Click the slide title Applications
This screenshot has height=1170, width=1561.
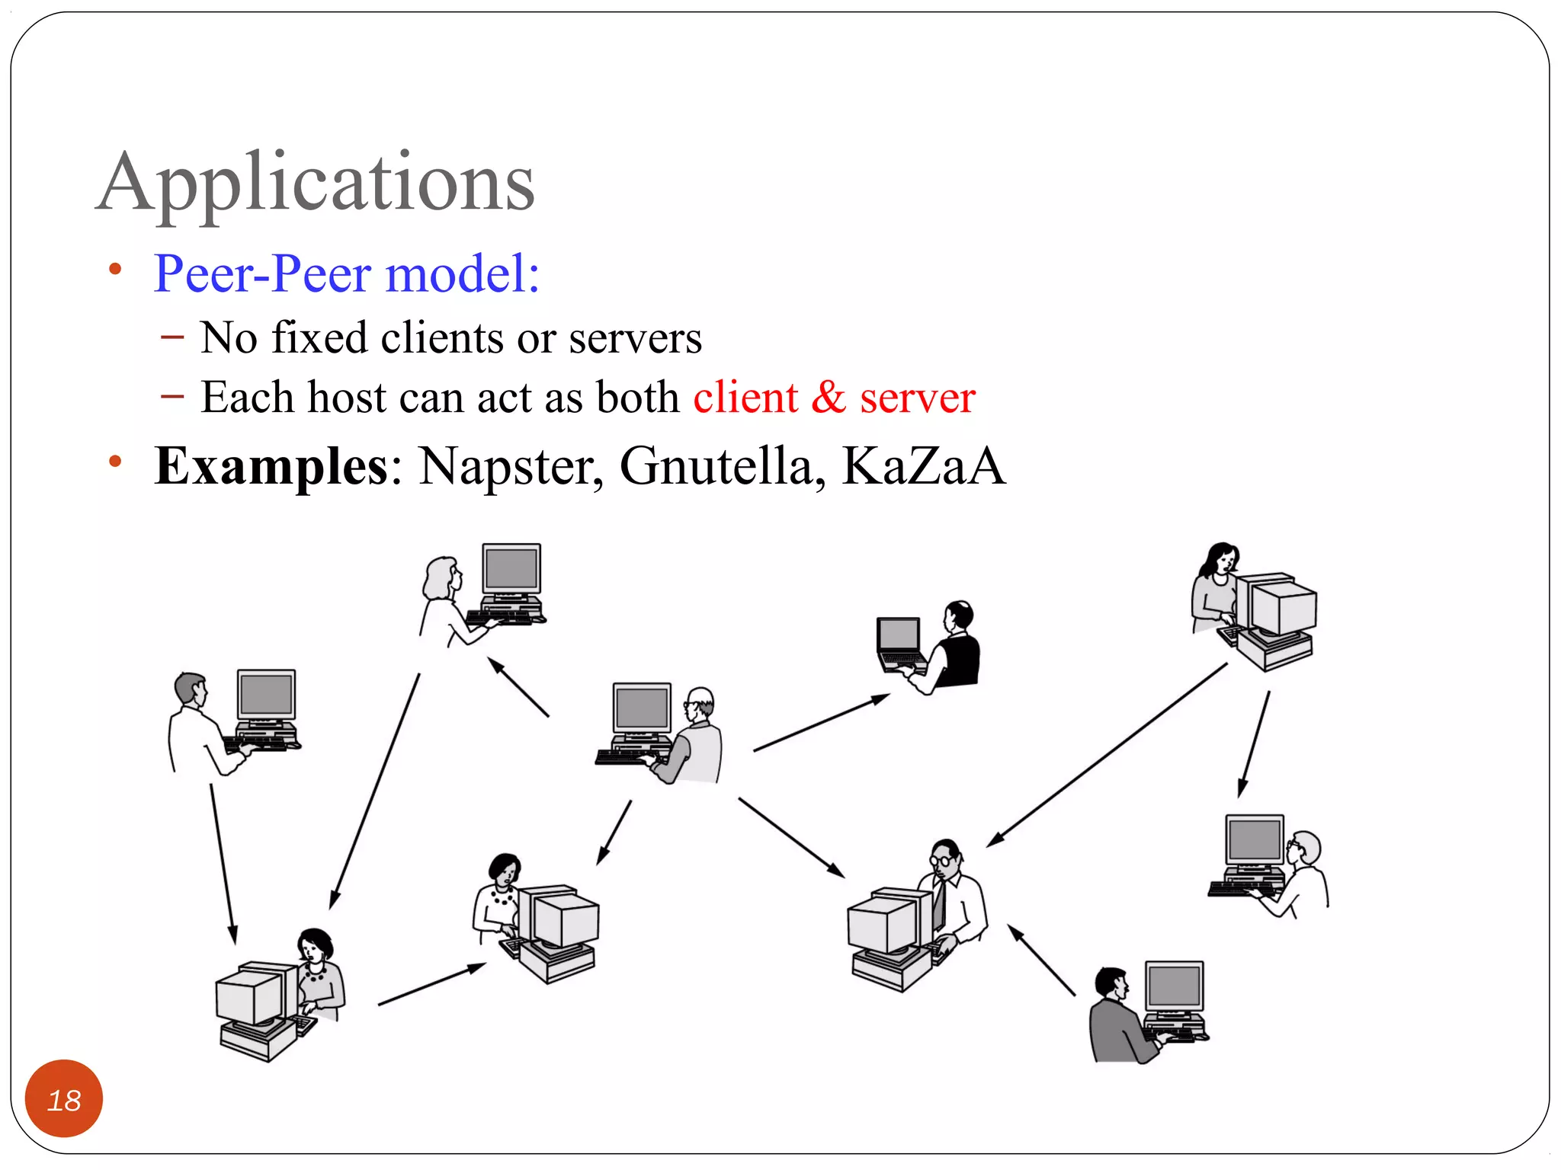click(316, 183)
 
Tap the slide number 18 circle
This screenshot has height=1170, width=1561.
click(64, 1099)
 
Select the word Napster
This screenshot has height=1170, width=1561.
click(509, 466)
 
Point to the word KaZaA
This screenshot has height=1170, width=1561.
click(923, 466)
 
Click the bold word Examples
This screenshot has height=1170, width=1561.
click(271, 466)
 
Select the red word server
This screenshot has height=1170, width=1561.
click(917, 398)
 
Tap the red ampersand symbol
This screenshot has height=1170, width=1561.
click(829, 398)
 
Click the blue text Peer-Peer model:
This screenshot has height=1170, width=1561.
click(347, 273)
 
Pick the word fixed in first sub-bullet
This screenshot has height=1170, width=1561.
click(319, 337)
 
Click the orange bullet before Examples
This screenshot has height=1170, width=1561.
click(115, 462)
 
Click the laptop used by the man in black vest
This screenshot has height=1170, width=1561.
click(899, 644)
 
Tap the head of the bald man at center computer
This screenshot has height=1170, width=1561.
click(699, 702)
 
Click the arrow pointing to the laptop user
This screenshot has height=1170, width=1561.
click(821, 723)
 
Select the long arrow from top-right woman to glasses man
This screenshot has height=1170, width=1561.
click(1107, 755)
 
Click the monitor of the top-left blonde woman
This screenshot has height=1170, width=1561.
click(511, 569)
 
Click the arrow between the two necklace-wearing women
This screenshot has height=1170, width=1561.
click(431, 985)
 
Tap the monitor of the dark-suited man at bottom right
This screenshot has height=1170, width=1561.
click(1174, 986)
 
